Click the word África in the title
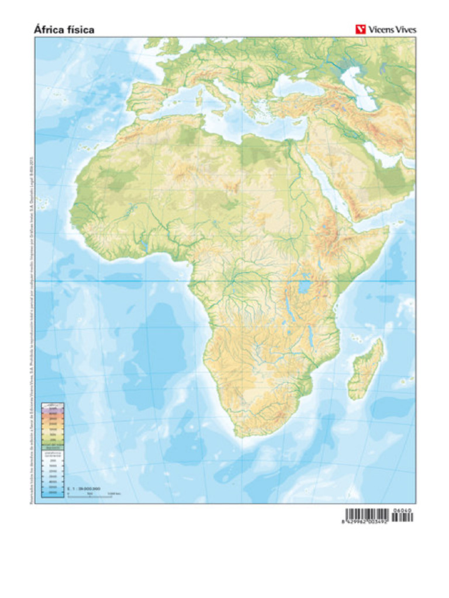(x=49, y=29)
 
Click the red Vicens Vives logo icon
(x=361, y=29)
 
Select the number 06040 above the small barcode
(x=403, y=510)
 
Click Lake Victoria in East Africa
(x=303, y=288)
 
